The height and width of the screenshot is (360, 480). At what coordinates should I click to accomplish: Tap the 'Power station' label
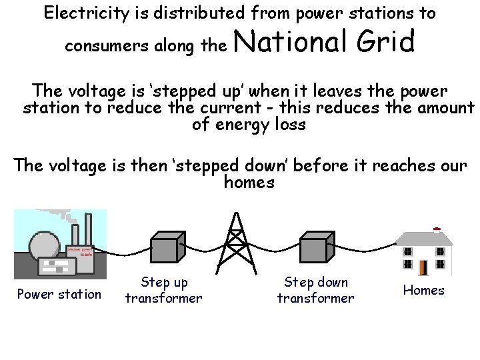[59, 294]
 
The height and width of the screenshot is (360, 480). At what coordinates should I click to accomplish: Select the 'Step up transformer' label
[163, 290]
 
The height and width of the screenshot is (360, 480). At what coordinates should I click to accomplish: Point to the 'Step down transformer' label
[315, 290]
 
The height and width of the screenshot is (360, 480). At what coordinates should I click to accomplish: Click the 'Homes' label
[423, 290]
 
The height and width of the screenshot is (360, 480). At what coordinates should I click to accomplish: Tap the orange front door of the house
[422, 267]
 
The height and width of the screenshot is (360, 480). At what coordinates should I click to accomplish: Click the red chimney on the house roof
[437, 231]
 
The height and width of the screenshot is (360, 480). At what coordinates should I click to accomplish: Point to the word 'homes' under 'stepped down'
[249, 182]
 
